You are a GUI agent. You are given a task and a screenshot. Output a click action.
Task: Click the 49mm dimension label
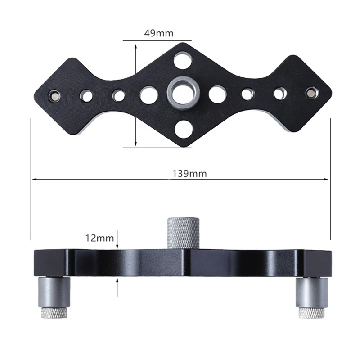coord(158,33)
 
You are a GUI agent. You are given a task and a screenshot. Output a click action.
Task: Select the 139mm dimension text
coord(189,174)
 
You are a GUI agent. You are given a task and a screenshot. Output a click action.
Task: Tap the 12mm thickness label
coord(99,238)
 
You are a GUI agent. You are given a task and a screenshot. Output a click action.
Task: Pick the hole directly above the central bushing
coord(183,60)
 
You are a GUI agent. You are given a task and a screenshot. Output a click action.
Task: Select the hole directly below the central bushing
coord(184,129)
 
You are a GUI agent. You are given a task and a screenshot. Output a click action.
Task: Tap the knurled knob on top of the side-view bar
coord(183,232)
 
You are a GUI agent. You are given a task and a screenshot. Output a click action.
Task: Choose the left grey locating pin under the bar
coord(54,292)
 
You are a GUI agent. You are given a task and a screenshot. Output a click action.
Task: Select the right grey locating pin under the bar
coord(311,292)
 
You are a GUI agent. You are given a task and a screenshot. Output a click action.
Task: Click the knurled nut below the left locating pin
coord(54,313)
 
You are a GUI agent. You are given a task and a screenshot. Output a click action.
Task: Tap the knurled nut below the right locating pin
coord(311,313)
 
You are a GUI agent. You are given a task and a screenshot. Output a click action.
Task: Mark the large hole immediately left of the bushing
coord(149,95)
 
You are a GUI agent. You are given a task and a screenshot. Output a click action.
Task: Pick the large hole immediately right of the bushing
coord(218,94)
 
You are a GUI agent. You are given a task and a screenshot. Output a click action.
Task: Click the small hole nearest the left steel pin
coord(86,95)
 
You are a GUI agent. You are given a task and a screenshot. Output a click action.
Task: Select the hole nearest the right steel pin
coord(280,93)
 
